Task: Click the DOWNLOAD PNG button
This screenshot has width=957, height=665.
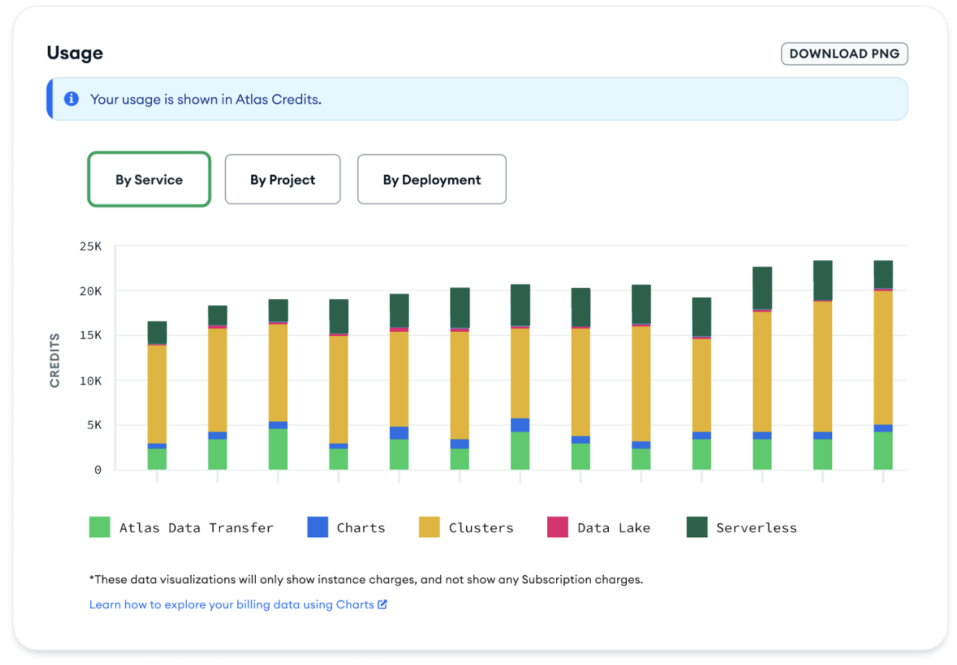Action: coord(844,53)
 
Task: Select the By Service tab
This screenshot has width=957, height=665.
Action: coord(149,180)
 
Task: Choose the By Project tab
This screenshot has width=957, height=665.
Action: coord(282,180)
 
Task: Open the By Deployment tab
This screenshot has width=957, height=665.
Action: coord(431,180)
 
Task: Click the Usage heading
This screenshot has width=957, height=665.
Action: coord(75,53)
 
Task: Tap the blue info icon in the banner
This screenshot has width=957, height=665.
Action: coord(71,99)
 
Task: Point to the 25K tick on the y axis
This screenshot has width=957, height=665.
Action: coord(91,246)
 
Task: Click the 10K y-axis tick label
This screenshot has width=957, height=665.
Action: coord(91,380)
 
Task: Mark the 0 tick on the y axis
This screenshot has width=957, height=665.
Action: coord(98,470)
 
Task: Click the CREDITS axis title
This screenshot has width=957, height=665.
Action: coord(55,360)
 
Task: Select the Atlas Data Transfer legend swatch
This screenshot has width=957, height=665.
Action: coord(100,528)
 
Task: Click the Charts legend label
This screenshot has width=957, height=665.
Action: coord(361,528)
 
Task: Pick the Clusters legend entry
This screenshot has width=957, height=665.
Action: coord(481,528)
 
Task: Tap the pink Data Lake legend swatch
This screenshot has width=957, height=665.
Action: coord(558,528)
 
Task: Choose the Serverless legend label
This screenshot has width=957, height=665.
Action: coord(756,528)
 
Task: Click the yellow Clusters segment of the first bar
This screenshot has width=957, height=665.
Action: coord(157,394)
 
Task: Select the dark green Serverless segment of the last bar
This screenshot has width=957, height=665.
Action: coord(883,274)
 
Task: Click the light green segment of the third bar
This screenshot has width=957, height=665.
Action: coord(278,448)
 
